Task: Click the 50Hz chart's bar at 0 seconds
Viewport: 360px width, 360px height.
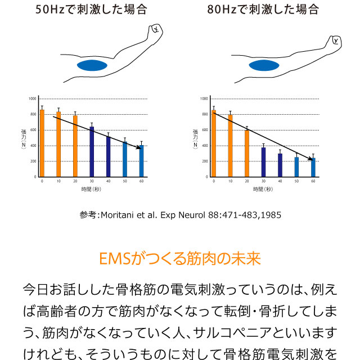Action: coord(42,143)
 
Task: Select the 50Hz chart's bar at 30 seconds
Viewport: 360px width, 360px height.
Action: coord(92,152)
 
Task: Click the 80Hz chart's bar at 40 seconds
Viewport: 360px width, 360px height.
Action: coord(280,165)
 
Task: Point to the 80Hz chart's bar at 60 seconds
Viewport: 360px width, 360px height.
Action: coord(313,167)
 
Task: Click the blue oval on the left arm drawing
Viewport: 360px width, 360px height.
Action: coord(92,65)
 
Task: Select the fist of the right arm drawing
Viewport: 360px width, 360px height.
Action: coord(335,41)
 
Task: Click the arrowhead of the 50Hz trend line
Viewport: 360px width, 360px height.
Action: coord(138,147)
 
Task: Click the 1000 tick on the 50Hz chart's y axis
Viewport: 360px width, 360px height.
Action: coord(32,98)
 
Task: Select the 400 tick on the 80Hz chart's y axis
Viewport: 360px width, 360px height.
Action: coord(205,146)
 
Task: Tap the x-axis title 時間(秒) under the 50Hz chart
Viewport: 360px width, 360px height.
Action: coord(91,189)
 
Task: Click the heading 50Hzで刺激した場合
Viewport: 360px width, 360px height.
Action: coord(91,10)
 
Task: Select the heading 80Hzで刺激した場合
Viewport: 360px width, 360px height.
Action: coord(263,10)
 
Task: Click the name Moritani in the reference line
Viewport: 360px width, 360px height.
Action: coord(118,215)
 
